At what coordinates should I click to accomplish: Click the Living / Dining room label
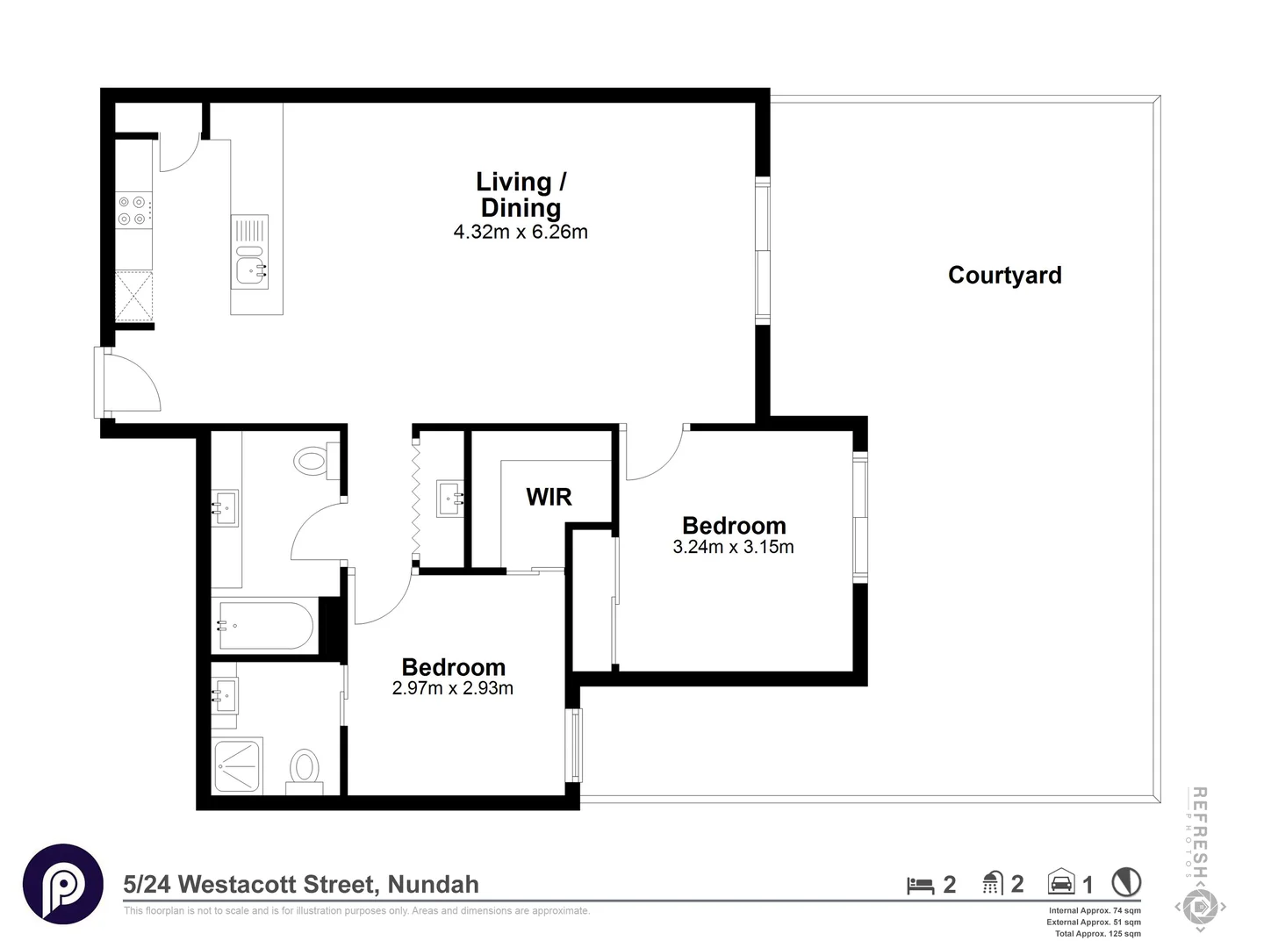(521, 195)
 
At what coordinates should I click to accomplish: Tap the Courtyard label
(1005, 275)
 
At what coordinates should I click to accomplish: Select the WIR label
(549, 497)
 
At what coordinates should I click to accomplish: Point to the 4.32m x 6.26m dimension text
(521, 232)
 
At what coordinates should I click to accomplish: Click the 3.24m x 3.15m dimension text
(733, 547)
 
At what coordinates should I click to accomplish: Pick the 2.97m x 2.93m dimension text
(453, 688)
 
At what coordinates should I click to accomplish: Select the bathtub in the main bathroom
(265, 626)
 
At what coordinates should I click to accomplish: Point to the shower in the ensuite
(238, 765)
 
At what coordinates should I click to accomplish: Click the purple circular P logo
(63, 885)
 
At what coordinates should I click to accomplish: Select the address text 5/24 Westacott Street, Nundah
(301, 885)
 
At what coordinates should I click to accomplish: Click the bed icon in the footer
(920, 886)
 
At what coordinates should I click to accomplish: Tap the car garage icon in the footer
(1061, 881)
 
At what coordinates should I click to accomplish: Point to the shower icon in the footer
(993, 883)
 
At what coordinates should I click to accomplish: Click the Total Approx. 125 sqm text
(1097, 934)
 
